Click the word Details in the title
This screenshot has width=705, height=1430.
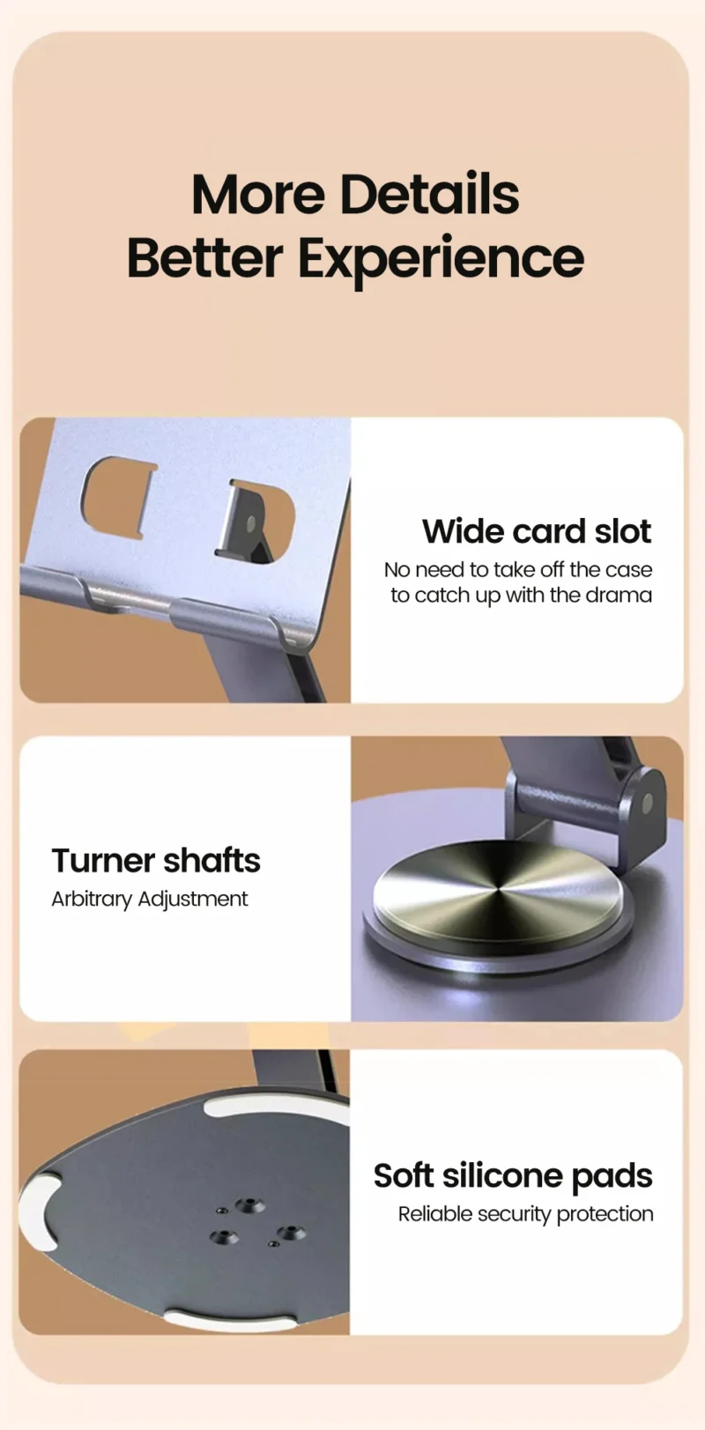(x=429, y=194)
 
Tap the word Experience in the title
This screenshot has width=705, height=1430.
(x=440, y=258)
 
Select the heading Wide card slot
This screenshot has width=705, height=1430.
(x=536, y=531)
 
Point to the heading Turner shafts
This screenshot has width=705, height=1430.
(x=156, y=860)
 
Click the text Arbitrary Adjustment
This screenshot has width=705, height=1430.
(x=150, y=899)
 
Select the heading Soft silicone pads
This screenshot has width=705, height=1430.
(x=513, y=1175)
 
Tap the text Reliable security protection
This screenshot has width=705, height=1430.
(x=525, y=1214)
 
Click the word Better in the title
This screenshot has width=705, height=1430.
(x=205, y=258)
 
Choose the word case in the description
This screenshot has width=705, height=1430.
(x=628, y=570)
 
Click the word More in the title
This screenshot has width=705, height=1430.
(x=258, y=194)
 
